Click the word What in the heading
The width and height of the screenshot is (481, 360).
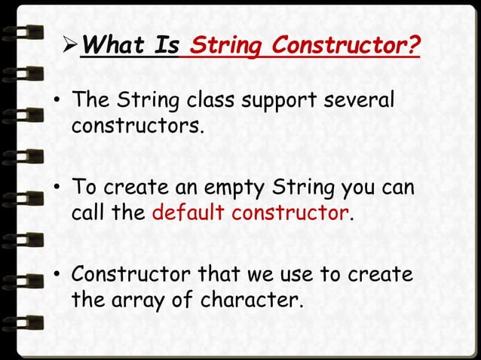click(x=114, y=47)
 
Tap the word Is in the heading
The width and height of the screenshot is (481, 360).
click(x=167, y=47)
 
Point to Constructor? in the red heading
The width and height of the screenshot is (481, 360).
click(x=345, y=47)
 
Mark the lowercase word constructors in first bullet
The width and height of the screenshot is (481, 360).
click(x=136, y=125)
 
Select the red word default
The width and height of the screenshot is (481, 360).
click(x=188, y=212)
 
